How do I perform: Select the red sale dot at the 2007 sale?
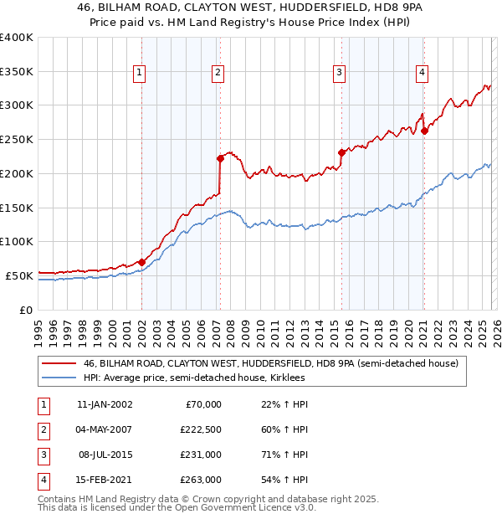click(220, 157)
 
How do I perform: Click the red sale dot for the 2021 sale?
click(424, 130)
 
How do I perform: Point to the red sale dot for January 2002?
click(141, 262)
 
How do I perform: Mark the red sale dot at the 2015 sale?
click(341, 152)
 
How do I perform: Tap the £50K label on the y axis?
click(19, 275)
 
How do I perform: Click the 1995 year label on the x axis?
click(38, 327)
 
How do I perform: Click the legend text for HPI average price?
click(194, 378)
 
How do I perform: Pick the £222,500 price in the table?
click(201, 430)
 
